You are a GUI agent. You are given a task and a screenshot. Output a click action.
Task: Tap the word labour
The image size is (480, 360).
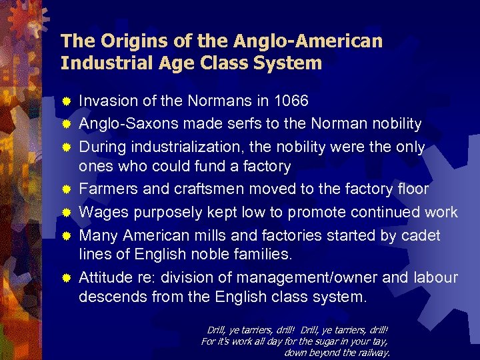[x=435, y=278]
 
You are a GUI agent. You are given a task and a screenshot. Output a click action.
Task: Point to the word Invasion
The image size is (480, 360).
[x=105, y=101]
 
